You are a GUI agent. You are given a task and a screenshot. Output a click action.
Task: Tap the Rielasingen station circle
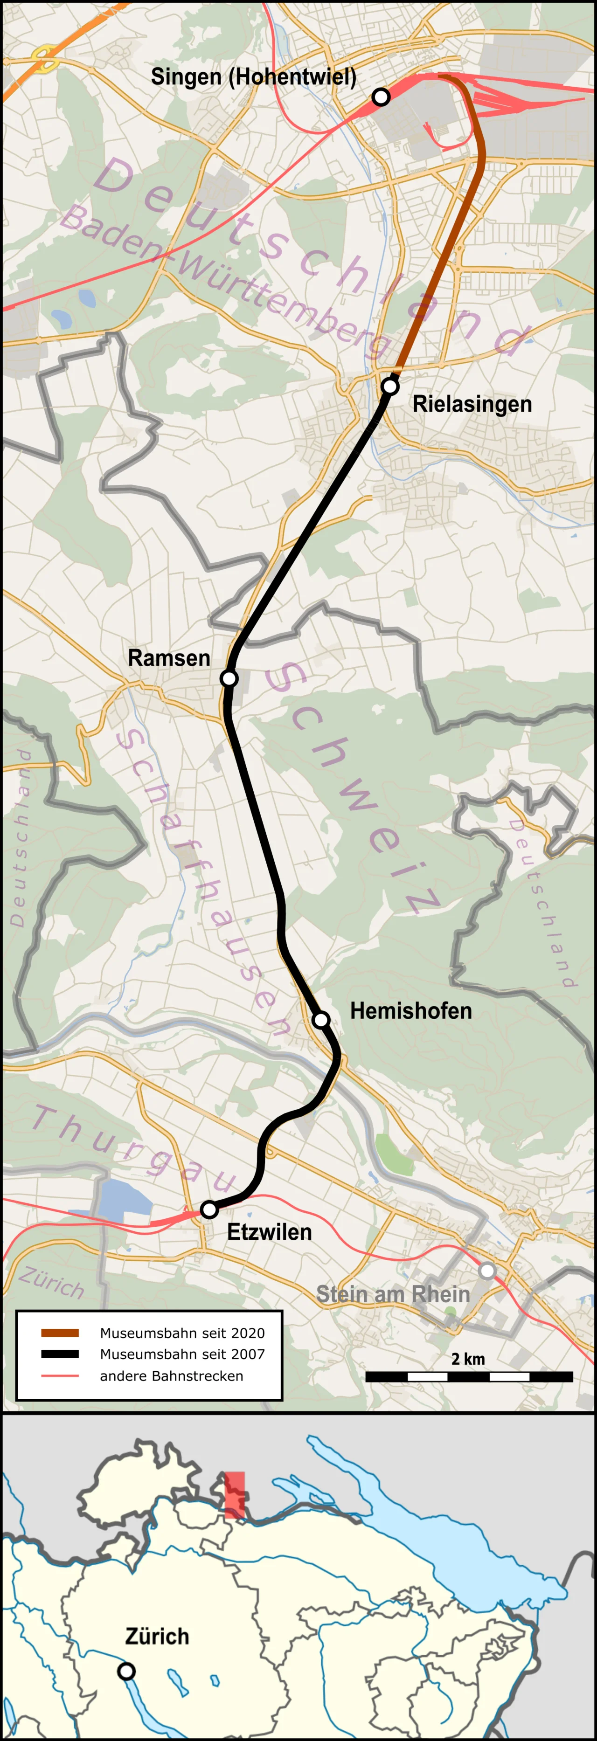tap(389, 387)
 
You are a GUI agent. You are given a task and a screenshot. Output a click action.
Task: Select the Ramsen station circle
tap(229, 678)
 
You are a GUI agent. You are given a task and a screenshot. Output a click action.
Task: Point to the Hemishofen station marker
tap(321, 1019)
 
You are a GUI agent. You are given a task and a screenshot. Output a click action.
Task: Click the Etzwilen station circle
tap(209, 1209)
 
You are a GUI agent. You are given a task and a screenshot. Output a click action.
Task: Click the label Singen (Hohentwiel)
tap(254, 77)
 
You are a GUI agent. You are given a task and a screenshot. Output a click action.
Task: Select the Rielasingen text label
tap(472, 404)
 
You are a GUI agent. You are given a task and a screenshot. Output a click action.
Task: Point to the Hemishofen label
tap(410, 1011)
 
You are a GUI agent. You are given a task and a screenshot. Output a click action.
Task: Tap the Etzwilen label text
tap(269, 1232)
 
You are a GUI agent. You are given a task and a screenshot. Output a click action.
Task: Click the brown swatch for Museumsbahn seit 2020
tap(60, 1333)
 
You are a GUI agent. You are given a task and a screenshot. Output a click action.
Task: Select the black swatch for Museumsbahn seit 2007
tap(60, 1354)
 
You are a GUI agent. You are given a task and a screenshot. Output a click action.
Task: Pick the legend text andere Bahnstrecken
tap(171, 1376)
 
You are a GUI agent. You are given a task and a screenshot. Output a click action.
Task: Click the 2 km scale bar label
tap(468, 1359)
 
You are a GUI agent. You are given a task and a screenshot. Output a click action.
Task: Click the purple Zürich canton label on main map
tap(51, 1282)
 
